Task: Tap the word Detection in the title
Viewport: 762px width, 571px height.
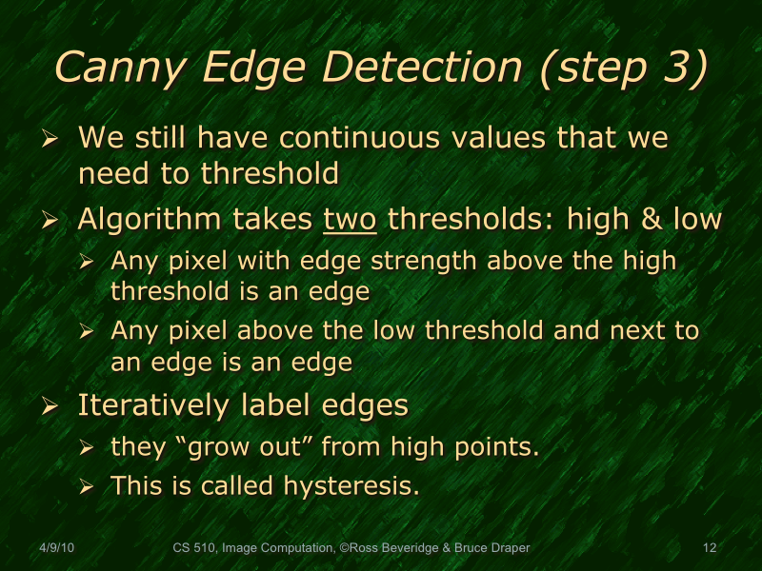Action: [x=420, y=68]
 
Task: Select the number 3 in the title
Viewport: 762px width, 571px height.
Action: [x=672, y=68]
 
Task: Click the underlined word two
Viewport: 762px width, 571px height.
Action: [x=351, y=220]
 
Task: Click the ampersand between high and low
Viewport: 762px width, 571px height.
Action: [x=650, y=220]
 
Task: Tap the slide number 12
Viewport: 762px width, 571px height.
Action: [x=709, y=547]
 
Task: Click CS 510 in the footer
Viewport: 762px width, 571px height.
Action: [x=194, y=547]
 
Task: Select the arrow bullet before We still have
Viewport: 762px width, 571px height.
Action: [x=51, y=140]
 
